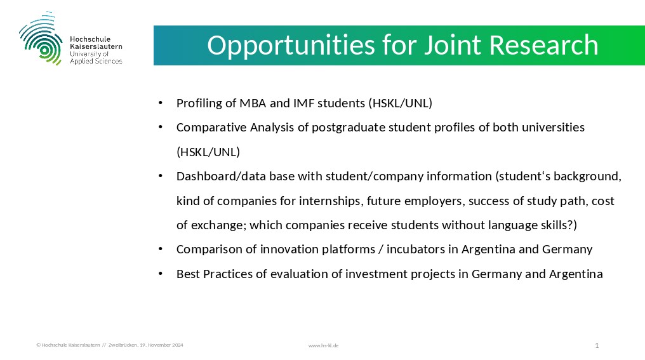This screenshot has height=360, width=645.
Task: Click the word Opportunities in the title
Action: click(x=291, y=46)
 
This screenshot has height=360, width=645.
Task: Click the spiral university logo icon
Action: click(x=41, y=38)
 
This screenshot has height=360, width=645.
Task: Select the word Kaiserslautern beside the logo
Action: click(x=96, y=46)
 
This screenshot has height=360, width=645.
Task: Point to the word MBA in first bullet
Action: click(x=253, y=103)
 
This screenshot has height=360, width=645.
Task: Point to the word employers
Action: click(x=429, y=201)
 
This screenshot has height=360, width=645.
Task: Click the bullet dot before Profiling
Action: click(x=161, y=103)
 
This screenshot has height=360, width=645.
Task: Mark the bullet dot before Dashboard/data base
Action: click(x=161, y=176)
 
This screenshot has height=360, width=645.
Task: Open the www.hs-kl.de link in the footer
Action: click(x=323, y=345)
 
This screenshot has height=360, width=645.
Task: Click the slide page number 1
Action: click(x=597, y=345)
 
